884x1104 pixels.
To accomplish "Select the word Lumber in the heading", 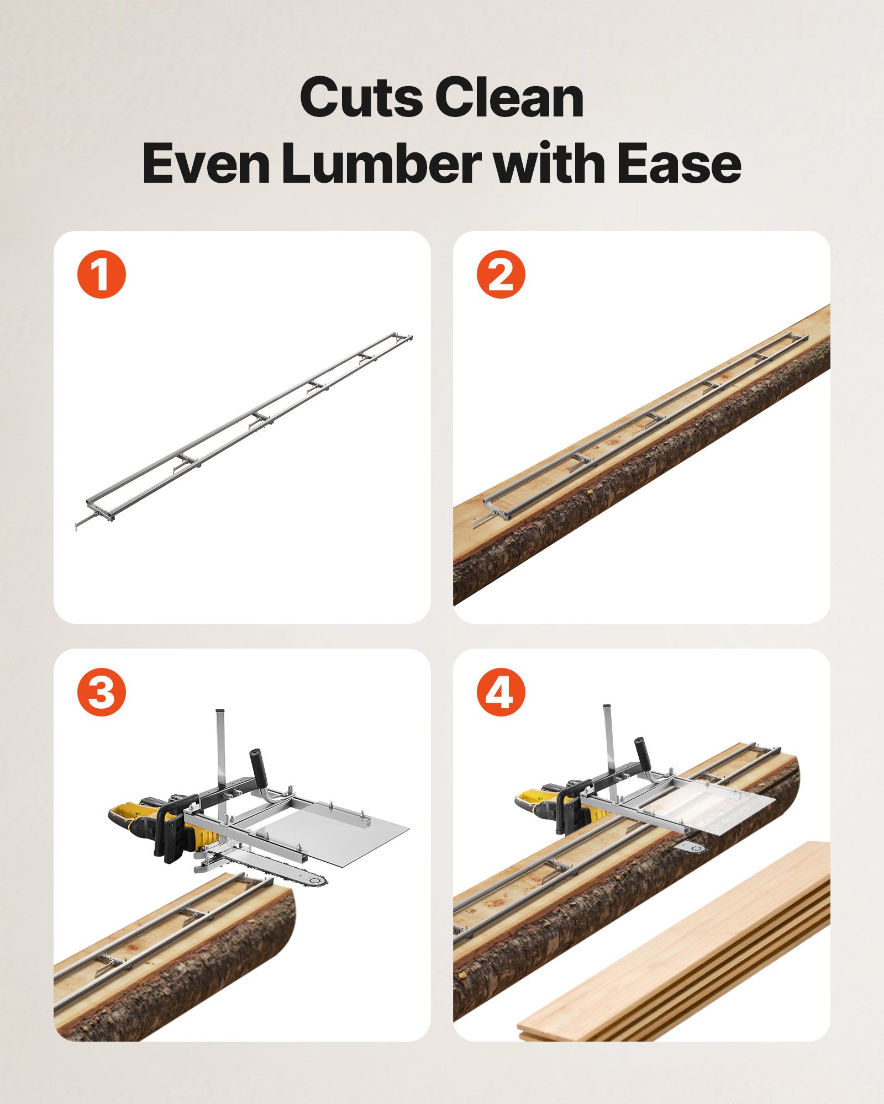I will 381,164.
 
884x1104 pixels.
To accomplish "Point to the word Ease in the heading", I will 679,164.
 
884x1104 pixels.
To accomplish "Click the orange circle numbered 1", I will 102,274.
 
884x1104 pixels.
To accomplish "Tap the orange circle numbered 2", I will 501,274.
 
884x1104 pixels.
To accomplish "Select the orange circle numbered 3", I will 102,692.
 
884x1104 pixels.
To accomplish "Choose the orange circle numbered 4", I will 501,692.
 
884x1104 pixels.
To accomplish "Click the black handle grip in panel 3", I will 257,765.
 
